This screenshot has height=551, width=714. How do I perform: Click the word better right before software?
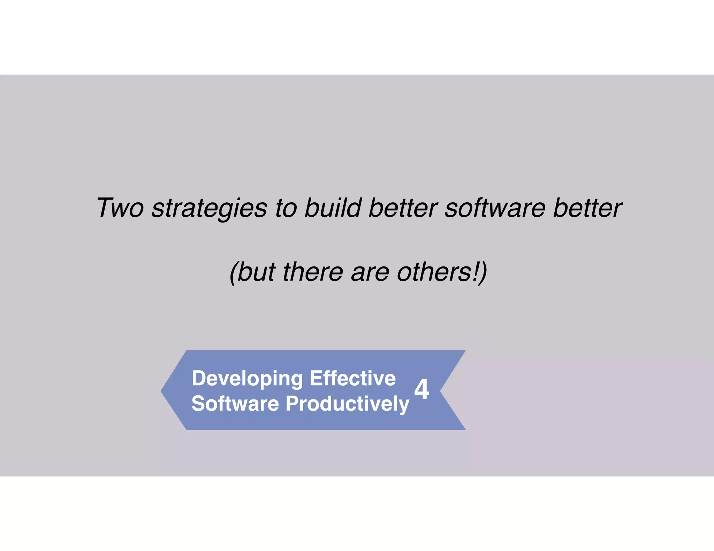click(x=403, y=208)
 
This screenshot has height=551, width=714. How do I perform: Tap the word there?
click(x=313, y=272)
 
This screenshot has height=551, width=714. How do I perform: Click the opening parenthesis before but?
click(x=233, y=273)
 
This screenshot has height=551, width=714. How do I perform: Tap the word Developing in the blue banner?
click(x=247, y=379)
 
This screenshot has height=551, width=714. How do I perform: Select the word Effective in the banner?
click(x=353, y=378)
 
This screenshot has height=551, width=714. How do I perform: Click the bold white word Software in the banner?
click(x=235, y=404)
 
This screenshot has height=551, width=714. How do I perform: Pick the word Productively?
click(x=347, y=404)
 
